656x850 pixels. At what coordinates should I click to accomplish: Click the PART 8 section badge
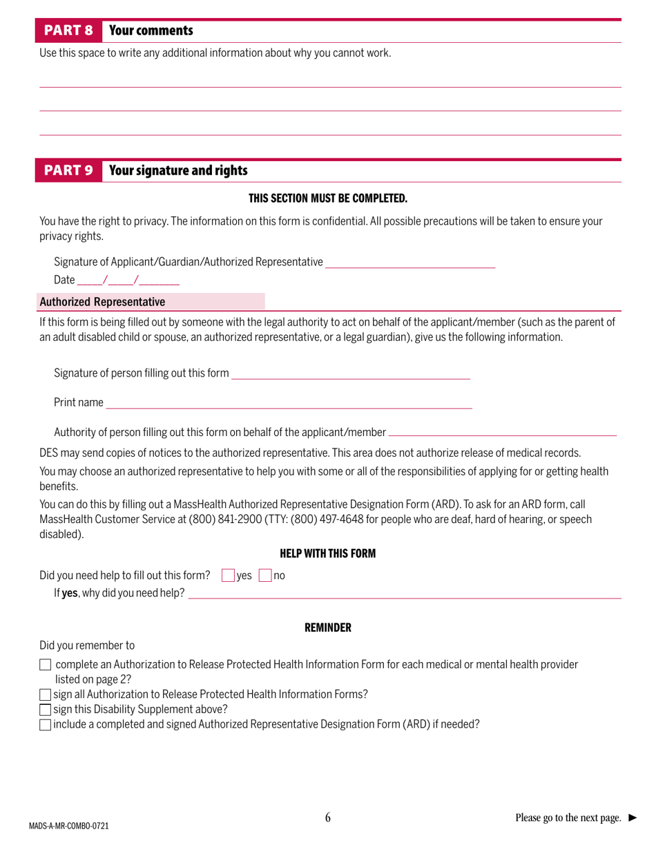point(68,31)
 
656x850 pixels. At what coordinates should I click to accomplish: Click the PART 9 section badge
point(68,171)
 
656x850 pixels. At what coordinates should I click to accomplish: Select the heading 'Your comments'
point(151,31)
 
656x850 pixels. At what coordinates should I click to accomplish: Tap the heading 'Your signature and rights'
point(178,171)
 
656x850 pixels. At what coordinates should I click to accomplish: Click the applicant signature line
point(410,263)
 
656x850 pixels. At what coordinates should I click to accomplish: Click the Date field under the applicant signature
point(128,281)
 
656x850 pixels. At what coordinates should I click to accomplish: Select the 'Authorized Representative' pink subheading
point(102,302)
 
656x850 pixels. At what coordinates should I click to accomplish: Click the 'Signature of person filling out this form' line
point(351,374)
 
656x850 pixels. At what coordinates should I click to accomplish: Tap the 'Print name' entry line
point(289,403)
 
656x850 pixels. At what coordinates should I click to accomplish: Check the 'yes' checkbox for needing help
point(229,576)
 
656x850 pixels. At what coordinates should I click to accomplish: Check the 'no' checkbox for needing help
point(265,576)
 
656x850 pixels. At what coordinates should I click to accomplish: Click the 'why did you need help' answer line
point(405,594)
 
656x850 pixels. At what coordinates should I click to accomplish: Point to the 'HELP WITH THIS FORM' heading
point(328,554)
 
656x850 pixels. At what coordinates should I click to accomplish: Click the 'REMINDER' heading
point(328,628)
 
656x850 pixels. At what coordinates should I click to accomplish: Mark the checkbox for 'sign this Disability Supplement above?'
point(46,710)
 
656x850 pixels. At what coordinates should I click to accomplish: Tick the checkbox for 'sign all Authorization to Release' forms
point(46,695)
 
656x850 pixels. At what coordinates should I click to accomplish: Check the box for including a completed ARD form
point(46,725)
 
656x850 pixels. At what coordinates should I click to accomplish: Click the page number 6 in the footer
point(328,818)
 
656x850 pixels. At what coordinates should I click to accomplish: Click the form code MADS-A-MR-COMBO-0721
point(69,826)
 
